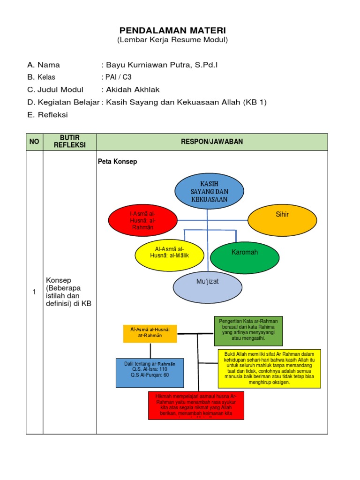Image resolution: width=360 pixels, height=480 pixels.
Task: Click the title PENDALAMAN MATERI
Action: [172, 30]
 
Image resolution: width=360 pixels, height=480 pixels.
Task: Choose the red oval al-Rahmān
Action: [142, 220]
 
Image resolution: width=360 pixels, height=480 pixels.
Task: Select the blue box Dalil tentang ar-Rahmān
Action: [150, 373]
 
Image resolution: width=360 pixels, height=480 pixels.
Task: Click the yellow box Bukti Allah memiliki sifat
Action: [270, 368]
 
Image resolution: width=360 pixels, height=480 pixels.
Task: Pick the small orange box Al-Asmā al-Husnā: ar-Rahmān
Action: [150, 333]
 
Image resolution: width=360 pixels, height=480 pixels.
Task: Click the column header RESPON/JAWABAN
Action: [212, 142]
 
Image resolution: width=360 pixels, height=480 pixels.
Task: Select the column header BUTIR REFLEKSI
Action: [70, 142]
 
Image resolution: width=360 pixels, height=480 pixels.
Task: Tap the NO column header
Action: [34, 142]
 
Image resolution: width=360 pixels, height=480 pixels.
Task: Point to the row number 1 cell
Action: [34, 292]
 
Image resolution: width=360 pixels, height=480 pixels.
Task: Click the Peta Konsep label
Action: [117, 162]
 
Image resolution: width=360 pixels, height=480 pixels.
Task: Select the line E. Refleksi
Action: [48, 114]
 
